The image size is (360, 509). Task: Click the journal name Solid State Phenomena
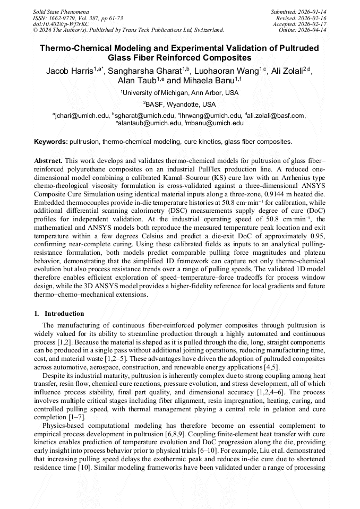click(61, 11)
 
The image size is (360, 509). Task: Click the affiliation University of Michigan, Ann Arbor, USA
click(179, 93)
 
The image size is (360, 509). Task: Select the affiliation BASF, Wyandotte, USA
click(179, 105)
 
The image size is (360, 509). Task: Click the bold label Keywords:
click(51, 142)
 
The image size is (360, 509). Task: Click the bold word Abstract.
click(48, 160)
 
